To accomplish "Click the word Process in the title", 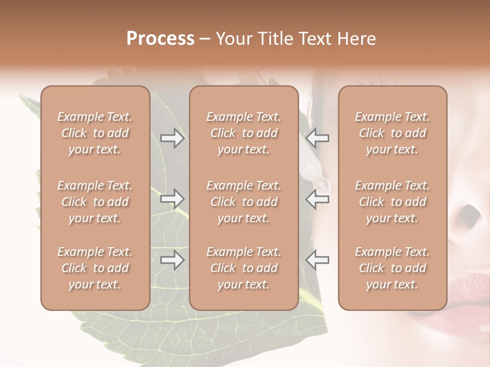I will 160,39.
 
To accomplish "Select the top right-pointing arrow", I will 173,138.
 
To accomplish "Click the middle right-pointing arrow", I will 173,199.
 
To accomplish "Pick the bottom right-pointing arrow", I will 173,260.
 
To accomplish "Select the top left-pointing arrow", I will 317,138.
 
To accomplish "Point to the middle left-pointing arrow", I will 317,199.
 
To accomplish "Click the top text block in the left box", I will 95,133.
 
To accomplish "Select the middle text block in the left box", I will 95,202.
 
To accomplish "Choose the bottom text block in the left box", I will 95,268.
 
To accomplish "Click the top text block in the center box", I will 243,133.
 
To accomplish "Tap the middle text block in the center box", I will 243,202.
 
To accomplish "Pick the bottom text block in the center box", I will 243,268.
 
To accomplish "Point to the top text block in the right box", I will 393,133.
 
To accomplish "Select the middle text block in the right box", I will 393,202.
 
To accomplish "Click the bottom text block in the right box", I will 393,268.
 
